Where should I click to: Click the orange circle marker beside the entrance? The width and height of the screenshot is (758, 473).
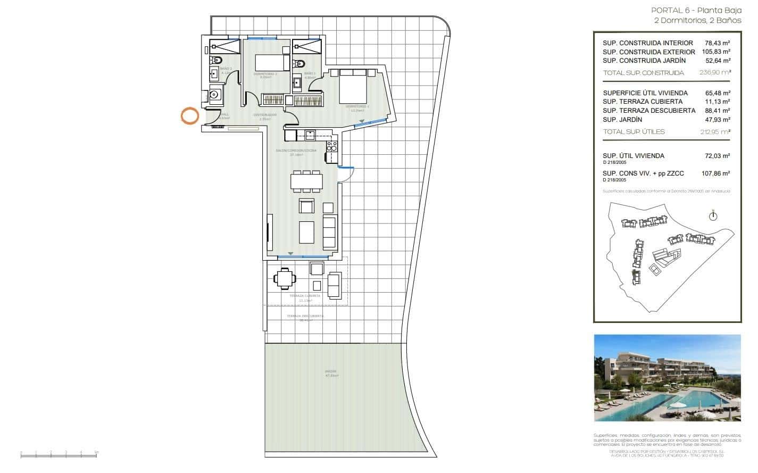[x=189, y=116]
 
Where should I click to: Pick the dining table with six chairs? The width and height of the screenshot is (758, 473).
[x=305, y=181]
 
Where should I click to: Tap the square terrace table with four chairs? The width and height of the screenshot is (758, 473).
[x=286, y=278]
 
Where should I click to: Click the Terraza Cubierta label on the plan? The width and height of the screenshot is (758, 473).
[x=305, y=296]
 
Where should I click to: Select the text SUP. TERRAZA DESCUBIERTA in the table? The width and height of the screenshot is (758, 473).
[x=648, y=111]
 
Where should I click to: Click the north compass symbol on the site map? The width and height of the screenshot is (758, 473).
[x=713, y=215]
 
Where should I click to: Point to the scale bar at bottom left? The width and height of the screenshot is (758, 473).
[x=59, y=454]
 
